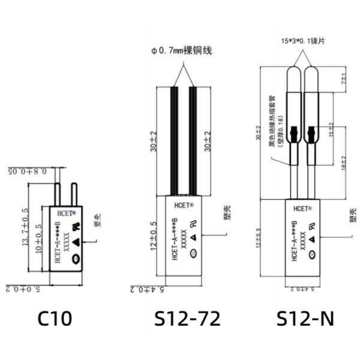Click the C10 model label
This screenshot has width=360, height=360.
click(55, 317)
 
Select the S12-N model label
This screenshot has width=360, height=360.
click(305, 317)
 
